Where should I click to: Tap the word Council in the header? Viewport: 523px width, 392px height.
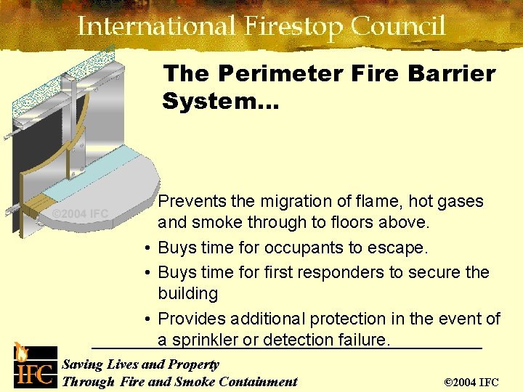(398, 27)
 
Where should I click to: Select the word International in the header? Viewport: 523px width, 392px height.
(155, 27)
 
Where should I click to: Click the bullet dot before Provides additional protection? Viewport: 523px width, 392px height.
(147, 319)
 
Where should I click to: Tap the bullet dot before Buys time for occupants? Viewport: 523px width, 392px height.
(147, 248)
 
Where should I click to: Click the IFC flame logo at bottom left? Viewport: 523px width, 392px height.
(32, 367)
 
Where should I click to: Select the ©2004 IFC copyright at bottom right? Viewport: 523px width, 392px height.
(471, 382)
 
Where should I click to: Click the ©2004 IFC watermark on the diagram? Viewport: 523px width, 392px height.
(80, 213)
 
